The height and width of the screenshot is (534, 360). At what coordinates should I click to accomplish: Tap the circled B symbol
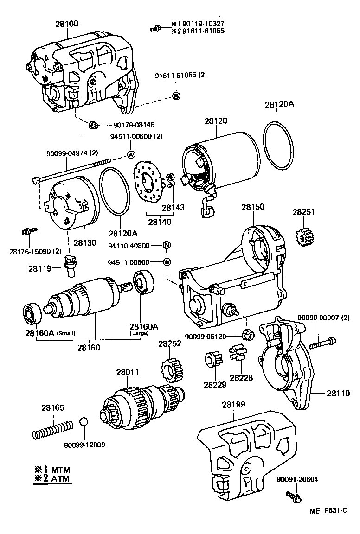tap(176, 96)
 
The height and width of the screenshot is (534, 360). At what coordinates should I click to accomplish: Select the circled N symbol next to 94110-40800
tap(167, 245)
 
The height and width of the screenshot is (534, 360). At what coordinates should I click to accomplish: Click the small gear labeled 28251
tap(304, 237)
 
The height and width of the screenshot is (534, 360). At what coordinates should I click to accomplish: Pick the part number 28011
tap(128, 372)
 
